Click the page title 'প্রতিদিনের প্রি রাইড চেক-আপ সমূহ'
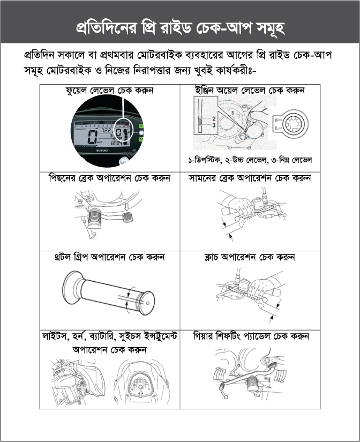pos(180,28)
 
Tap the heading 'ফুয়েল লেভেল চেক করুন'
pos(109,91)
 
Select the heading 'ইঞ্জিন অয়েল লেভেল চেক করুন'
pos(250,91)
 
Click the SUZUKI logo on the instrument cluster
pos(102,151)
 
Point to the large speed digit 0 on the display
pos(93,137)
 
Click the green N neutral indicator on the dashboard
pos(141,139)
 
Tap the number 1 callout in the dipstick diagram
pos(232,113)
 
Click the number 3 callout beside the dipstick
pos(214,125)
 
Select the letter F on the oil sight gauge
pos(276,120)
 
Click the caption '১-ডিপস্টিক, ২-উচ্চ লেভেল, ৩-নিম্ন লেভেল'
pos(250,160)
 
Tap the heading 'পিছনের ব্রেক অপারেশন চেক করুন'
pos(109,178)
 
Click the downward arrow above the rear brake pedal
pos(126,207)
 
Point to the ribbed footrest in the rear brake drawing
pos(95,219)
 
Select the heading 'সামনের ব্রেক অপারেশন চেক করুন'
pos(250,178)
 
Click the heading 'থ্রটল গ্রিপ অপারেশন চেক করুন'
pos(109,257)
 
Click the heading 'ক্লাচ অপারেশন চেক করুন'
pos(250,257)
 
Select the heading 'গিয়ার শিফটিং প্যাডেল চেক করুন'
pos(251,336)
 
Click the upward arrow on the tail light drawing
pos(140,394)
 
